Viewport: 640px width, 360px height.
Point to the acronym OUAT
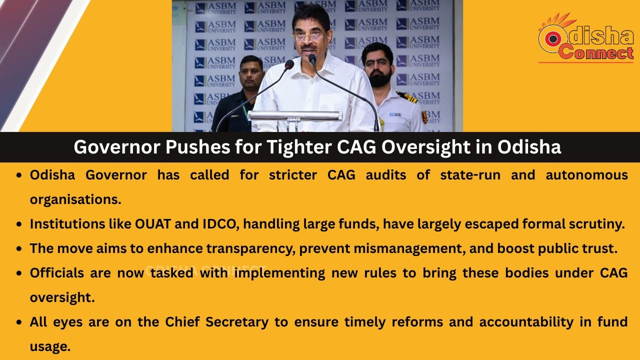[x=153, y=224]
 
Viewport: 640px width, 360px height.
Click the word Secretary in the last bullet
[x=237, y=321]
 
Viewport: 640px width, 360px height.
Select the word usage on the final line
[x=50, y=347]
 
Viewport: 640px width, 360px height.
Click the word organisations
[x=75, y=199]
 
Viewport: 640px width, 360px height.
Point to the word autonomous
[x=586, y=175]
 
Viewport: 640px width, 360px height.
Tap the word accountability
[x=526, y=322]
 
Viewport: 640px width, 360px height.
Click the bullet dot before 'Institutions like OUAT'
[x=19, y=224]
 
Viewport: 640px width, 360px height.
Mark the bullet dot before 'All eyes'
[x=19, y=322]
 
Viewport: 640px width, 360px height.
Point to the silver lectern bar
[x=295, y=116]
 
